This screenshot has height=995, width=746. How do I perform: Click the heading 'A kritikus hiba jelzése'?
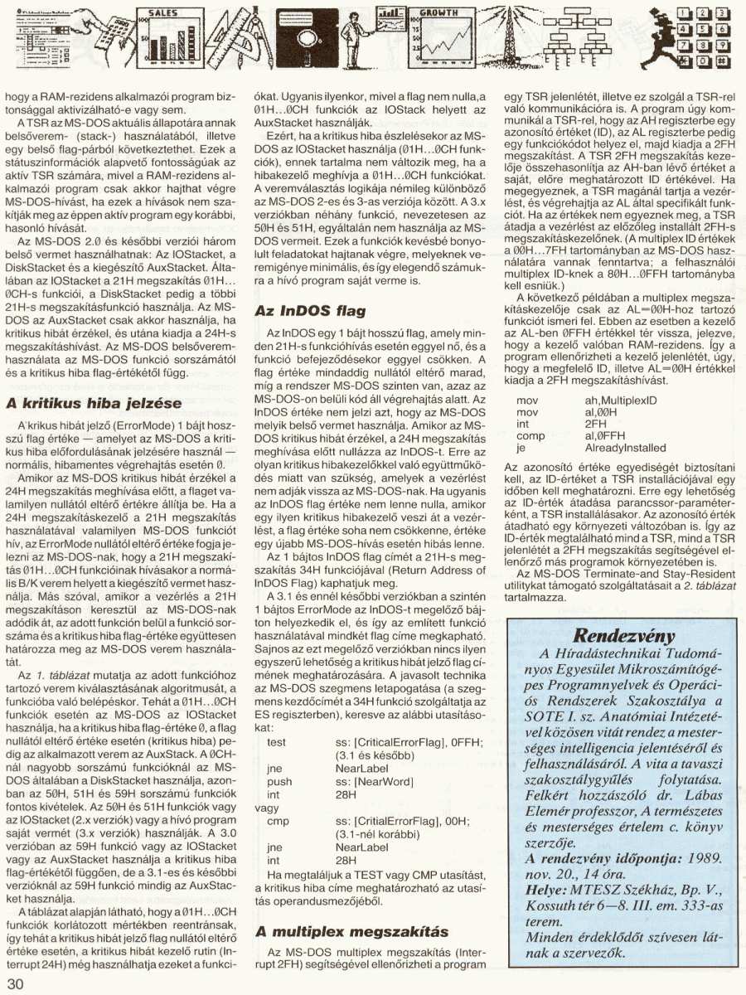[x=94, y=404]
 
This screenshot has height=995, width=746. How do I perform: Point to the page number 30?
[x=16, y=983]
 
